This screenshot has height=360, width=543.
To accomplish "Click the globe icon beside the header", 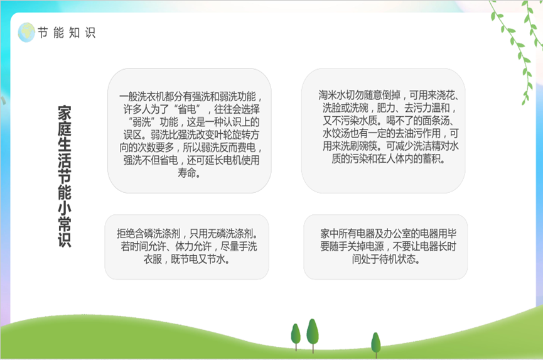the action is [x=26, y=32].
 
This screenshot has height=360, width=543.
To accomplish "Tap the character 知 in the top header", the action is [x=74, y=33].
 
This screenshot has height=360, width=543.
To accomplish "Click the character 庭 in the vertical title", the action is [x=65, y=129].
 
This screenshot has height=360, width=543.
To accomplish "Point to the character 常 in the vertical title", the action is [x=65, y=224].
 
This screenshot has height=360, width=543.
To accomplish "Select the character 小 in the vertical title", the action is [x=65, y=208].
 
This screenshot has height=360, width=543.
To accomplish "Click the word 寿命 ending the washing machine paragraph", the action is [x=189, y=173].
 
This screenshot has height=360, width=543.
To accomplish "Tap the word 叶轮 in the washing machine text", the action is [x=215, y=134].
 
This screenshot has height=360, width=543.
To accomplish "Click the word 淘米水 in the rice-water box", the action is [x=332, y=95].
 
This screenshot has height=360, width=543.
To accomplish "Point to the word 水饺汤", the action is [x=336, y=133].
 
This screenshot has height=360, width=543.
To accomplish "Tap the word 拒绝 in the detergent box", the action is [x=126, y=234].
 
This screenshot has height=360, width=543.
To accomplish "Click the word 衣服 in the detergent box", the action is [x=153, y=259].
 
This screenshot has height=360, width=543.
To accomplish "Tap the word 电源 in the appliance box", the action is [x=375, y=246].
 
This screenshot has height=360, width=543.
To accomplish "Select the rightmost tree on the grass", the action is [x=376, y=345].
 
